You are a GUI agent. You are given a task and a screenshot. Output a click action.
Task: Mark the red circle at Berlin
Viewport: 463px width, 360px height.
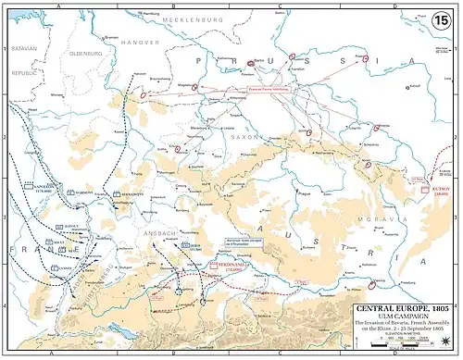(251, 64)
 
